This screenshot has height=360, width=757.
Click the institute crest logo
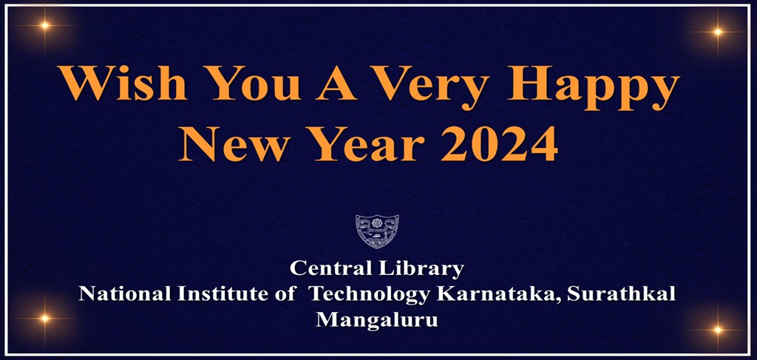click(x=377, y=231)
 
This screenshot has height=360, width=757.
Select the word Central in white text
click(x=329, y=268)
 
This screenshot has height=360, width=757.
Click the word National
click(x=124, y=293)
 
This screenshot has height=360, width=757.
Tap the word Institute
click(x=215, y=293)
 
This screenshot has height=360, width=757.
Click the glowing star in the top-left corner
click(x=45, y=25)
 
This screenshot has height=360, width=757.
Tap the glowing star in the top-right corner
click(x=716, y=31)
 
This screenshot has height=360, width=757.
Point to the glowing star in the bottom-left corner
click(x=44, y=319)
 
